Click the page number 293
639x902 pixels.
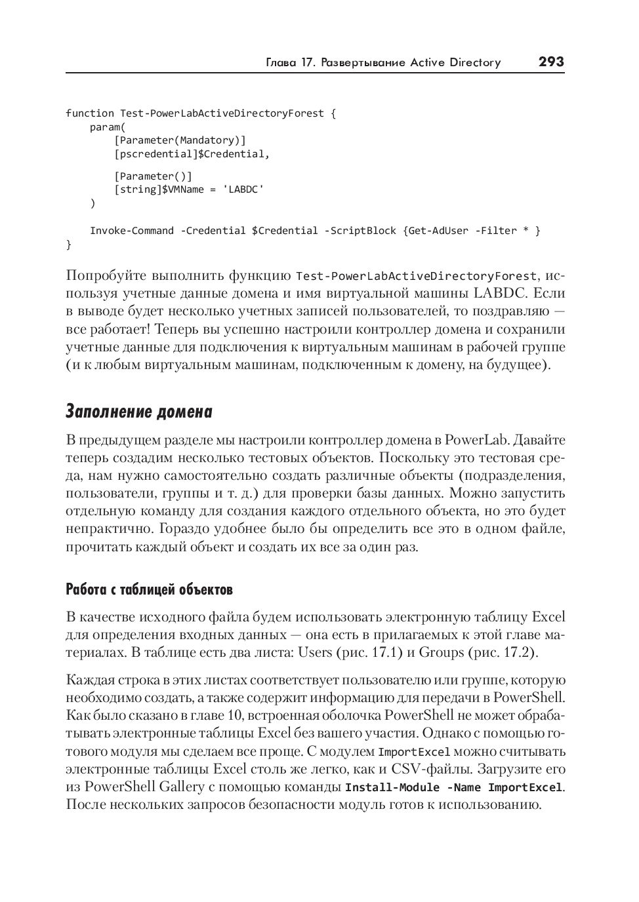[x=550, y=62]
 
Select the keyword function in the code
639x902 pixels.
[x=89, y=113]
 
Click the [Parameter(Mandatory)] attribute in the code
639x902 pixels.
[x=180, y=140]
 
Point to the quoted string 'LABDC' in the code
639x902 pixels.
[x=243, y=189]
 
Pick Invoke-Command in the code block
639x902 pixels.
[x=132, y=231]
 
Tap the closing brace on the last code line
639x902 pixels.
[x=69, y=245]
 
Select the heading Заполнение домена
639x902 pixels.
[x=139, y=412]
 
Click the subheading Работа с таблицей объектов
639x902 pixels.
[x=150, y=589]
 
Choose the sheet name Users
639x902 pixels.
[x=315, y=652]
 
